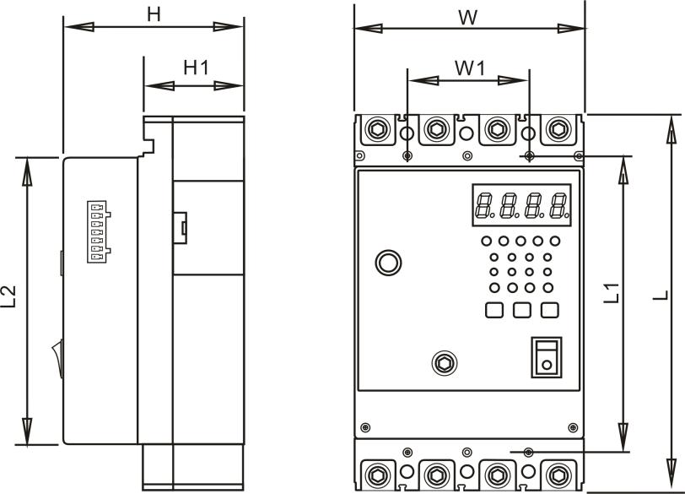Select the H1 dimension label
pos(196,68)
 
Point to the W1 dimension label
pos(470,68)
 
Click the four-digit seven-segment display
pos(520,205)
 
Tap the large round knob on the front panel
pos(388,262)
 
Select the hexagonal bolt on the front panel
pos(441,363)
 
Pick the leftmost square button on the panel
pos(494,310)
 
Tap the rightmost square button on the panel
pos(550,310)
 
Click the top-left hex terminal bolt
pos(375,130)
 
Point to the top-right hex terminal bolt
pos(557,130)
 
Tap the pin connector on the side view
pos(99,231)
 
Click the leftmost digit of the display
pos(484,205)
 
